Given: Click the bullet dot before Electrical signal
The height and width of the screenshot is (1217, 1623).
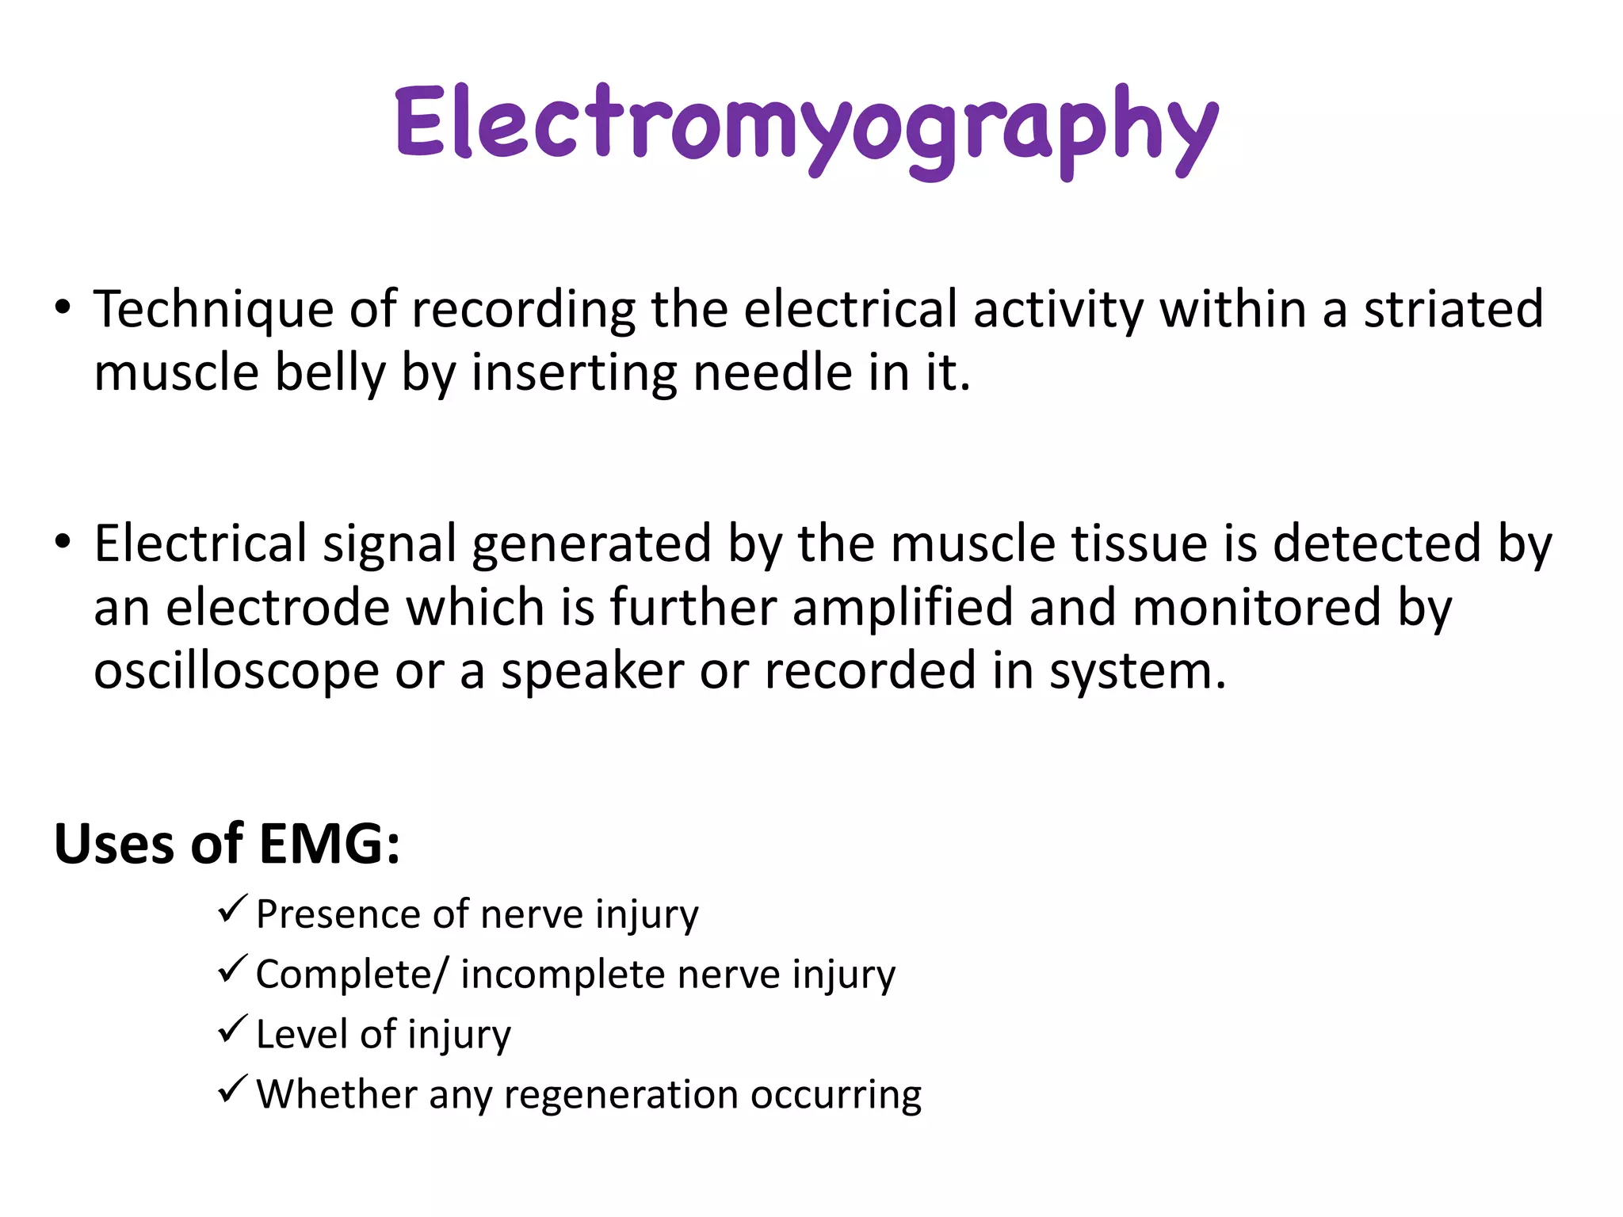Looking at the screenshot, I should [63, 543].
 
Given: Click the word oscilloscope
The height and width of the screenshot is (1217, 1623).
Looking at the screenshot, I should [236, 671].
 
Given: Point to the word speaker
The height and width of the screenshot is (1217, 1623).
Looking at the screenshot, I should [592, 671].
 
